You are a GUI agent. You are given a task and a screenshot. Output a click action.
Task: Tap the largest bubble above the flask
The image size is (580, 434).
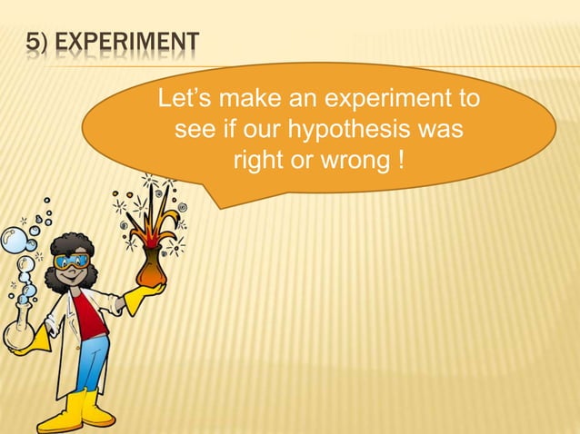(13, 241)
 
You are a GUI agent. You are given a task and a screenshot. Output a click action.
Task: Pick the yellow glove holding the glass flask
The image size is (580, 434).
(36, 342)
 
